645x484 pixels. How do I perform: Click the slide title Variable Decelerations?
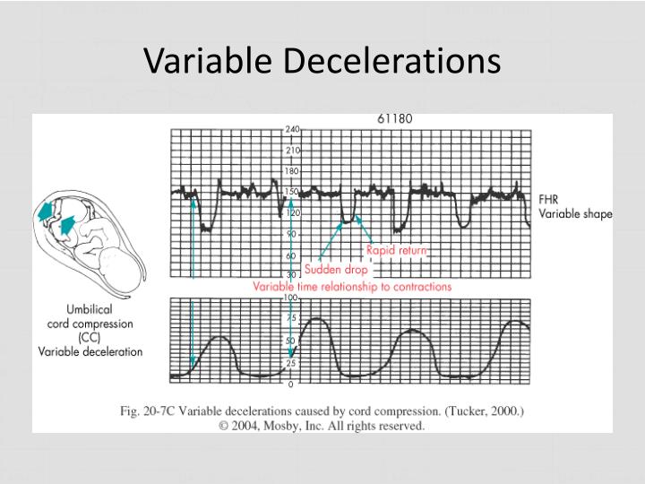tap(322, 60)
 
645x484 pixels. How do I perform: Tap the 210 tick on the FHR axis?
tap(293, 151)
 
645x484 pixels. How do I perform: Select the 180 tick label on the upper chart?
tap(293, 171)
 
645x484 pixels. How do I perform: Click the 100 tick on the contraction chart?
tap(290, 297)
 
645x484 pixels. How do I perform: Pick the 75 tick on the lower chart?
tap(290, 318)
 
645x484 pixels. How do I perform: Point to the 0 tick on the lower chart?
tap(290, 385)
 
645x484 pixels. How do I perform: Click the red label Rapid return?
tap(397, 251)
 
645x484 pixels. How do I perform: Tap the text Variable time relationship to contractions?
tap(352, 287)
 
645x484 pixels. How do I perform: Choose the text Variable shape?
tap(576, 213)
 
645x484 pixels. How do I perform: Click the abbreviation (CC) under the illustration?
tap(89, 338)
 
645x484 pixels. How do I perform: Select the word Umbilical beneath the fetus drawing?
tap(89, 309)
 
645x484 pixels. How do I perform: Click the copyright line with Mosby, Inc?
tap(322, 426)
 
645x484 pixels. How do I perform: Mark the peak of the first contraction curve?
tap(220, 337)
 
